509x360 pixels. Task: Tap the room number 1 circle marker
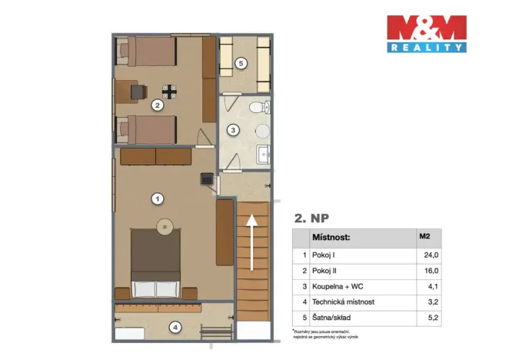(157, 199)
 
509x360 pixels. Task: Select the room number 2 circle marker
(156, 106)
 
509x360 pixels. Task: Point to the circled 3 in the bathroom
(235, 130)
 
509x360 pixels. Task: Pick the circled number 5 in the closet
(241, 63)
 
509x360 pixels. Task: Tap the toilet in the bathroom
(262, 107)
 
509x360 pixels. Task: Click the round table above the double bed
(165, 226)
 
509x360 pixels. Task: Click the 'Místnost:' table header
(331, 237)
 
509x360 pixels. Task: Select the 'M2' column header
(424, 237)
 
